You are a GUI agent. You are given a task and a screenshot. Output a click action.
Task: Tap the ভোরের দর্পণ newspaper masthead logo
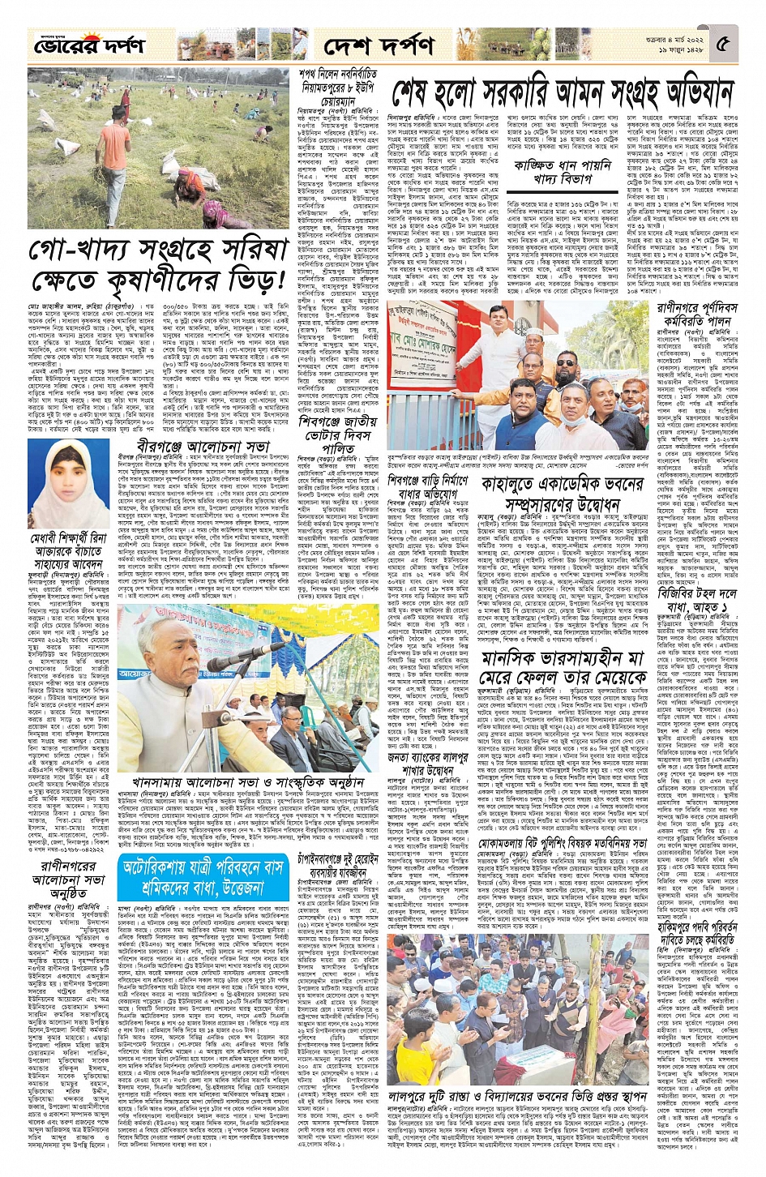coord(78,45)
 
